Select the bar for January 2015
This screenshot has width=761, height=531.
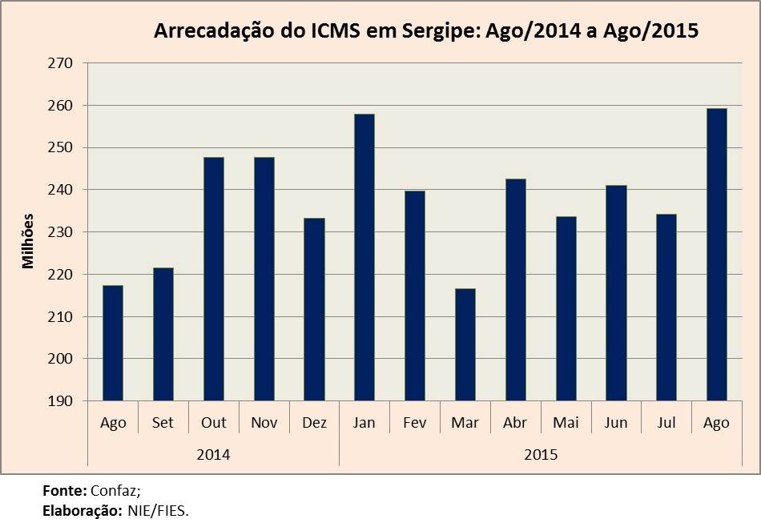pyautogui.click(x=364, y=257)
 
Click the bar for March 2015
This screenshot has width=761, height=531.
pyautogui.click(x=465, y=344)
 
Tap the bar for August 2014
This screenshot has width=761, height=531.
pyautogui.click(x=113, y=343)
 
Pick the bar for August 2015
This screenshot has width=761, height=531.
pyautogui.click(x=716, y=255)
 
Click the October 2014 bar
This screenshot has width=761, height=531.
pyautogui.click(x=214, y=279)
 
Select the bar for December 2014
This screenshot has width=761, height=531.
pyautogui.click(x=314, y=309)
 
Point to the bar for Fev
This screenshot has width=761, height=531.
pyautogui.click(x=414, y=296)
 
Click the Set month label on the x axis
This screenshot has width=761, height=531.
pyautogui.click(x=163, y=423)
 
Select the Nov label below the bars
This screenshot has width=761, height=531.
pyautogui.click(x=263, y=423)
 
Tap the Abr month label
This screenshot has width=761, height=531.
pyautogui.click(x=514, y=423)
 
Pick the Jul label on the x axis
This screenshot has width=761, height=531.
pyautogui.click(x=666, y=423)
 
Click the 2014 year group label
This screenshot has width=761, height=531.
pyautogui.click(x=213, y=455)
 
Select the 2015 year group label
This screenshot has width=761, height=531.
pyautogui.click(x=541, y=455)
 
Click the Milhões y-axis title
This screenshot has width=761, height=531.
pyautogui.click(x=29, y=240)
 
